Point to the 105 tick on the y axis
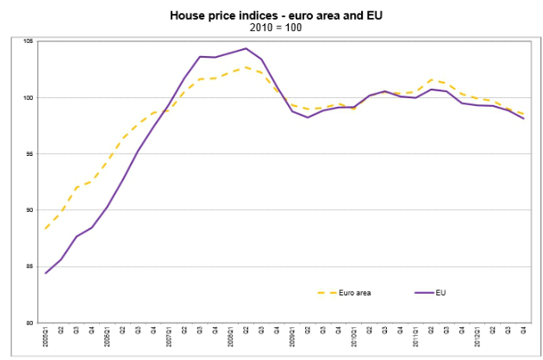point(28,41)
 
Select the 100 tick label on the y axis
point(28,97)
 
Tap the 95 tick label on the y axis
point(28,154)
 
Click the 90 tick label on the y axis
point(28,210)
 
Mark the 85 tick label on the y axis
point(28,267)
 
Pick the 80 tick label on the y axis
point(28,323)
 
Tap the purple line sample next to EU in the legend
point(422,293)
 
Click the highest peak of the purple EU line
point(246,48)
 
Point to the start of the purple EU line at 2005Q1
point(46,273)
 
